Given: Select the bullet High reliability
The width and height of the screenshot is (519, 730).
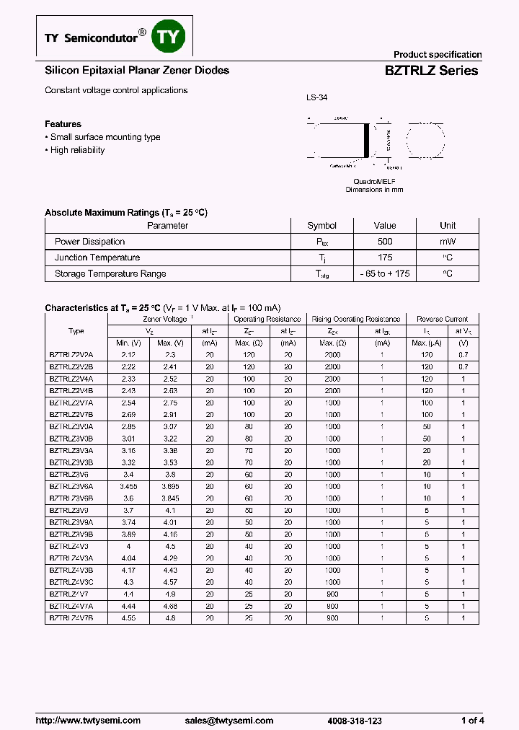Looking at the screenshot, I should (x=77, y=150).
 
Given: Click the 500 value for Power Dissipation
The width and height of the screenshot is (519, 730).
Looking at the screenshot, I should (x=385, y=242).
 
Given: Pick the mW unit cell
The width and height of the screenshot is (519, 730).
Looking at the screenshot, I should (x=448, y=242).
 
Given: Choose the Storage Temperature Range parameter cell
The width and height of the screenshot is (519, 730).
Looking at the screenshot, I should (x=110, y=273).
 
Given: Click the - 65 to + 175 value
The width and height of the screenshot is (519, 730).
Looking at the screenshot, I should (x=385, y=273).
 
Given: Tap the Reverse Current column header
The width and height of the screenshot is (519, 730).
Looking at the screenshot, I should (x=442, y=319).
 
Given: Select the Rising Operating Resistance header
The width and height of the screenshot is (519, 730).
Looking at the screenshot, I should (x=355, y=319).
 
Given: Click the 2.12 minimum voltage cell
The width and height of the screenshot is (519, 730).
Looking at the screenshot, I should (x=128, y=355).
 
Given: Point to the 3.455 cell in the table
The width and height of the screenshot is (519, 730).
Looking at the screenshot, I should (x=128, y=486).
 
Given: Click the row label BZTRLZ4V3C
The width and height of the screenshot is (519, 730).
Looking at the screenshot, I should (x=71, y=581).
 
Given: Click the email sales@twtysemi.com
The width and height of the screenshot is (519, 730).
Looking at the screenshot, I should (x=229, y=721).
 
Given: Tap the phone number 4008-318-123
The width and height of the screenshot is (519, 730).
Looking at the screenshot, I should (x=355, y=721).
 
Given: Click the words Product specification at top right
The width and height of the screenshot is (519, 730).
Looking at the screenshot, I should (x=437, y=55).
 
